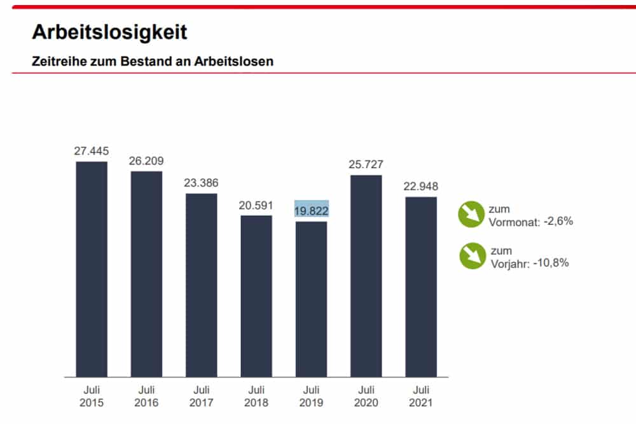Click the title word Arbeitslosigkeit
109,32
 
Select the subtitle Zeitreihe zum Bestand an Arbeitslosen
153,62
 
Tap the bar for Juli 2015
92,269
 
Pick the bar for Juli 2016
146,274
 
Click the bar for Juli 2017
201,285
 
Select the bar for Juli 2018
256,295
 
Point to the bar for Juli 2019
311,299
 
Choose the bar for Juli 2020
366,276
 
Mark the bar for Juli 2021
421,286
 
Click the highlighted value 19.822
311,211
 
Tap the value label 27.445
92,151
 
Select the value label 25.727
366,164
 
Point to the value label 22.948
420,187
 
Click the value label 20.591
256,205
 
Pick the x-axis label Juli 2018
256,397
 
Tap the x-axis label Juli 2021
420,397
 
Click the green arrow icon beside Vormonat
471,215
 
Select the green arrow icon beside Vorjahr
471,256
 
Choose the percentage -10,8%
551,262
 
